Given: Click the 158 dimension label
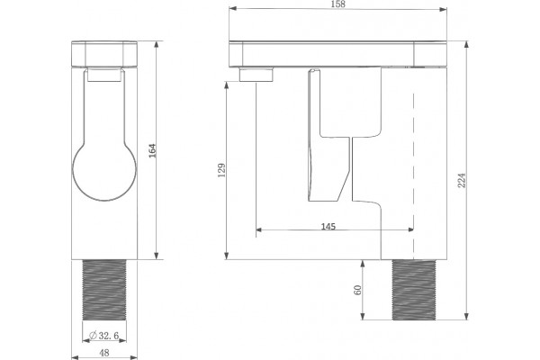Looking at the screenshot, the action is (x=337, y=4).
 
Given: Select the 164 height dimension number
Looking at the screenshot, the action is (x=152, y=150).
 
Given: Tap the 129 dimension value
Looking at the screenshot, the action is (x=222, y=170).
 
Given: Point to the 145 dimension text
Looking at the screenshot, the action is (x=328, y=226).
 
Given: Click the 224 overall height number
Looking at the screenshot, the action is (x=462, y=180).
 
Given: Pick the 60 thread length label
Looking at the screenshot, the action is (x=358, y=290).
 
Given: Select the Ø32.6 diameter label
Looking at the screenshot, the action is (x=104, y=335).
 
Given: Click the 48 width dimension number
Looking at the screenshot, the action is (x=104, y=353).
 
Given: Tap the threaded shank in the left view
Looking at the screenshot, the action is (x=104, y=290).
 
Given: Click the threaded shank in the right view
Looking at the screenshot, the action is (x=414, y=290).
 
